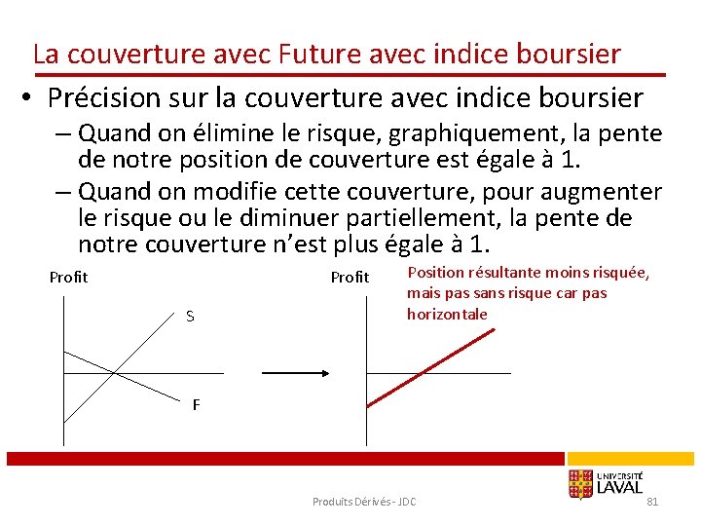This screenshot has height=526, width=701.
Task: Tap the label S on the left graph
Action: [x=190, y=317]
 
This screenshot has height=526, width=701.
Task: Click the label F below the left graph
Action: [x=196, y=405]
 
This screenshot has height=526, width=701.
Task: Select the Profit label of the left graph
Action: [x=68, y=278]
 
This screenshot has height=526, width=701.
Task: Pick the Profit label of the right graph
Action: [x=350, y=278]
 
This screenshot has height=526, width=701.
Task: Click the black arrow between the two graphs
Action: [x=296, y=372]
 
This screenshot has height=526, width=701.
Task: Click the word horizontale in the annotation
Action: [x=447, y=315]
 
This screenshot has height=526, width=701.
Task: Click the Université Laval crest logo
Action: [x=581, y=484]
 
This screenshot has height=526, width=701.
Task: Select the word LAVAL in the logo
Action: [x=619, y=488]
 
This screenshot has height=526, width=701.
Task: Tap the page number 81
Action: [x=652, y=502]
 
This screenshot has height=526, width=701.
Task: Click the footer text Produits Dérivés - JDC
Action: [x=363, y=502]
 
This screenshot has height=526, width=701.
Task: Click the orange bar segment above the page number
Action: [x=631, y=458]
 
